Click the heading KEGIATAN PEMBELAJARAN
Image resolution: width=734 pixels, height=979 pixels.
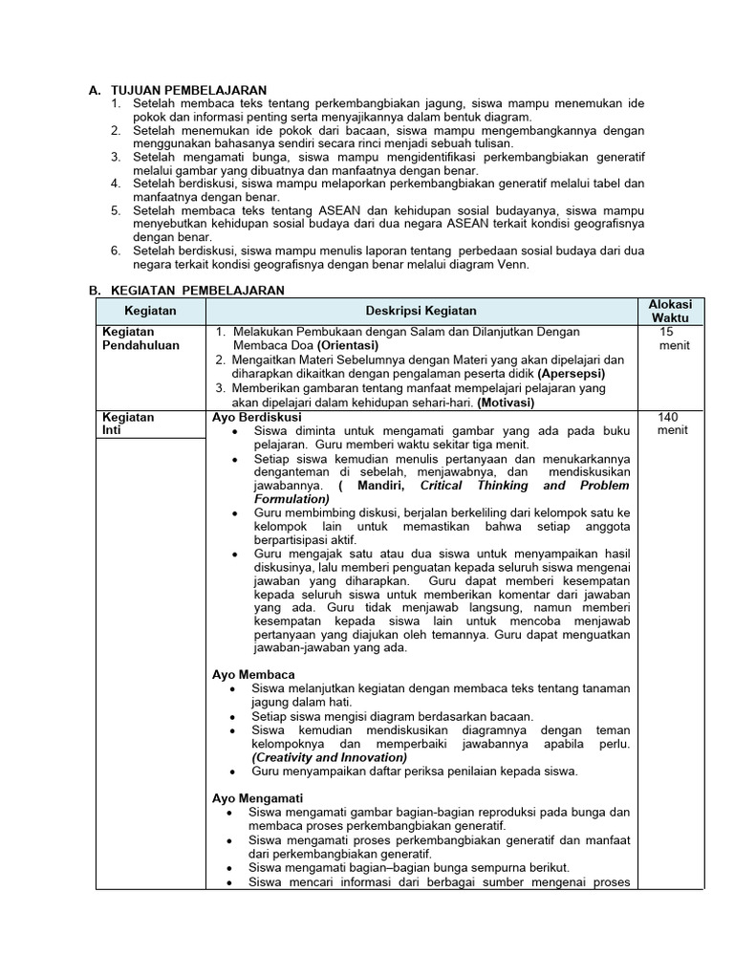point(197,290)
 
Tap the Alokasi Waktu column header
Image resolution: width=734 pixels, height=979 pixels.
point(670,311)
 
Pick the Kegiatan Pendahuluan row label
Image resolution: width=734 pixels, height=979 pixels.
point(140,338)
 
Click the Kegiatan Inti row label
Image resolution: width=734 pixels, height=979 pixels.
point(127,424)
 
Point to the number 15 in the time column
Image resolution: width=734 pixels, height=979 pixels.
point(666,332)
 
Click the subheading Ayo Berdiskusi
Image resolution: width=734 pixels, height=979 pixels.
point(256,418)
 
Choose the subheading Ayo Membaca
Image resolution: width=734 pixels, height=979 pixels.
point(253,674)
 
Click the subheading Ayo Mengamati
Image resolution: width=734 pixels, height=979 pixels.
point(257,798)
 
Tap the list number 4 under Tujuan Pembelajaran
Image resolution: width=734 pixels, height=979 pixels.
point(116,183)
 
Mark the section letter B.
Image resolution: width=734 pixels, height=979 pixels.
point(95,290)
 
